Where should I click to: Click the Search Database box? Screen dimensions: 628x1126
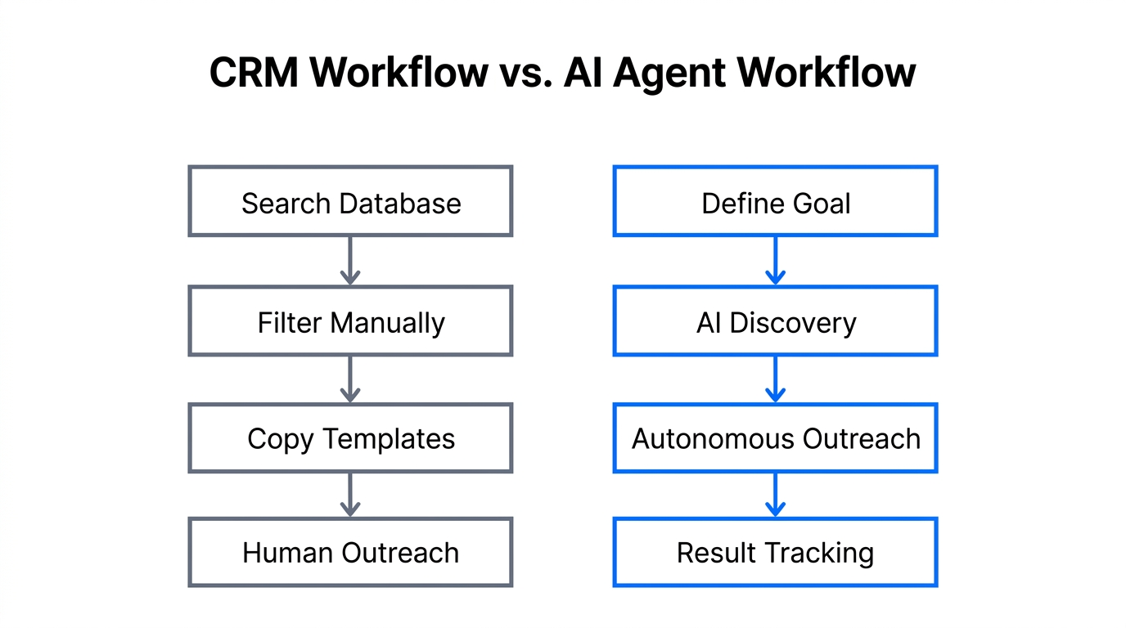350,202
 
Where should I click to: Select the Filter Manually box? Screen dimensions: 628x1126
350,321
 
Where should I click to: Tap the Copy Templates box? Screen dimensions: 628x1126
350,438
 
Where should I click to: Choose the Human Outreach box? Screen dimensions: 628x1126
350,553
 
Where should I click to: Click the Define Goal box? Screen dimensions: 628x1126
775,202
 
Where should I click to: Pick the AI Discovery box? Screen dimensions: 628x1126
775,321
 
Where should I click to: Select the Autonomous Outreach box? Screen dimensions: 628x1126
775,438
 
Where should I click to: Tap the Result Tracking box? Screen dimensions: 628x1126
775,553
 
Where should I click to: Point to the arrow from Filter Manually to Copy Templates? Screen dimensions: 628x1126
350,379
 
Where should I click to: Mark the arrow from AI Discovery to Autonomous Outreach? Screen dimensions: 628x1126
775,379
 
